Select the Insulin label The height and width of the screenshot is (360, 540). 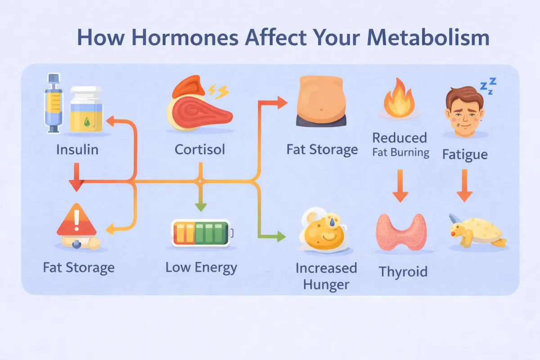point(77,149)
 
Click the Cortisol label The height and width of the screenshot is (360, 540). point(200,149)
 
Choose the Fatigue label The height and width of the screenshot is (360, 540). point(465,155)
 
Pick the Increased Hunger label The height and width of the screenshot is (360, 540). point(326,276)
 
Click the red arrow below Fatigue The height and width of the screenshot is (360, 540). point(464,189)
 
